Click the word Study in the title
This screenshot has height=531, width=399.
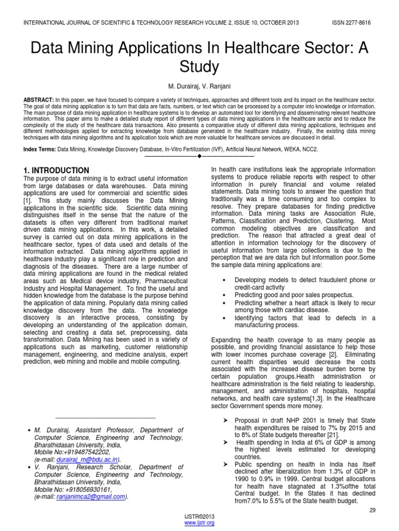(x=199, y=67)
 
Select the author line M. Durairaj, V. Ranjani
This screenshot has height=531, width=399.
(x=199, y=85)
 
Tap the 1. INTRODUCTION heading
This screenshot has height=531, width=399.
(x=57, y=171)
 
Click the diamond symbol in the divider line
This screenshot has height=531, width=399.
(x=199, y=156)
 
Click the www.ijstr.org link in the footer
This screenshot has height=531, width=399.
(x=199, y=523)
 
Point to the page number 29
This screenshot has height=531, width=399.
(x=372, y=510)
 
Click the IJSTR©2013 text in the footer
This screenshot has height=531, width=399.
(x=199, y=517)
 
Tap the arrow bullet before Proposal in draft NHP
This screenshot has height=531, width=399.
(x=225, y=420)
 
